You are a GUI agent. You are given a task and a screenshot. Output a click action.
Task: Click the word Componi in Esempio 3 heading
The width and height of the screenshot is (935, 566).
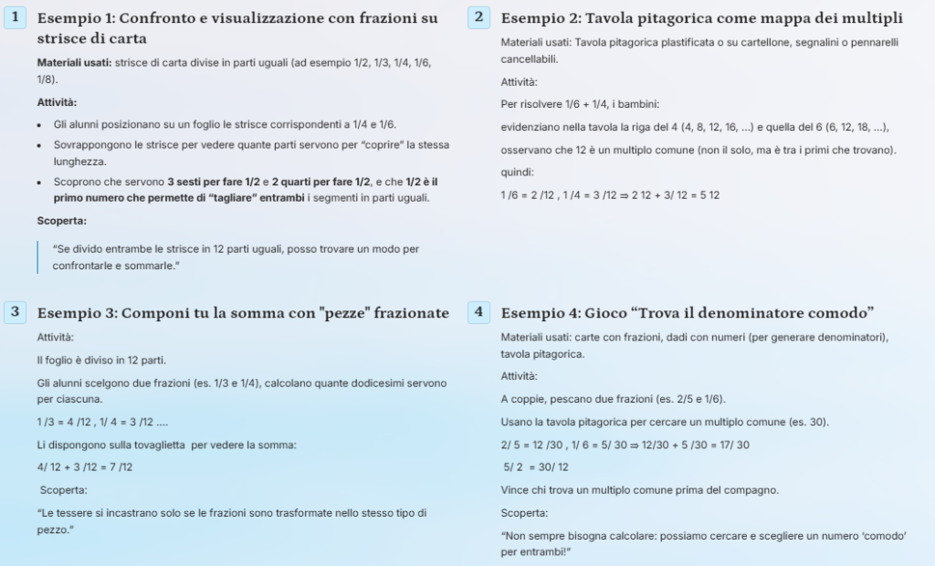pyautogui.click(x=152, y=313)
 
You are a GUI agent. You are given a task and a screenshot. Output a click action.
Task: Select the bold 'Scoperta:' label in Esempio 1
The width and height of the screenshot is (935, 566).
pyautogui.click(x=61, y=221)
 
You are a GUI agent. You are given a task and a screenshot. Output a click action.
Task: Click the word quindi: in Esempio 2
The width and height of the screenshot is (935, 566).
pyautogui.click(x=518, y=173)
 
